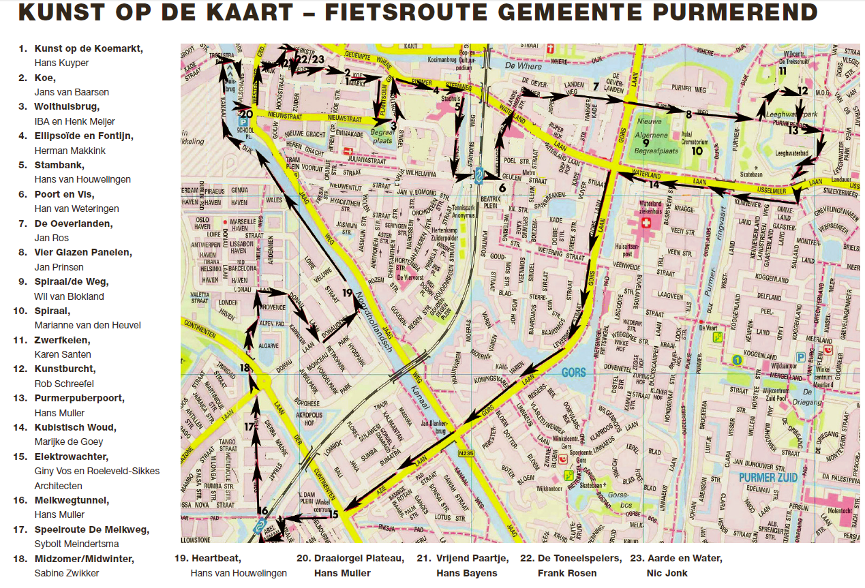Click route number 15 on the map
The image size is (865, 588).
[x=333, y=514]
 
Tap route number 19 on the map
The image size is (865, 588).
[x=347, y=293]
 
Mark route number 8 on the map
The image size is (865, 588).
[x=688, y=114]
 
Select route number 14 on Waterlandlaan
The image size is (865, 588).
[x=654, y=185]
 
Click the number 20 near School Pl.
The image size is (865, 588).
[x=247, y=114]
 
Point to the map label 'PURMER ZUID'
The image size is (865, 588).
[x=768, y=478]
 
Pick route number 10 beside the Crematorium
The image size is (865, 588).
[x=696, y=151]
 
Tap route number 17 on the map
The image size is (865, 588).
[x=249, y=427]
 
